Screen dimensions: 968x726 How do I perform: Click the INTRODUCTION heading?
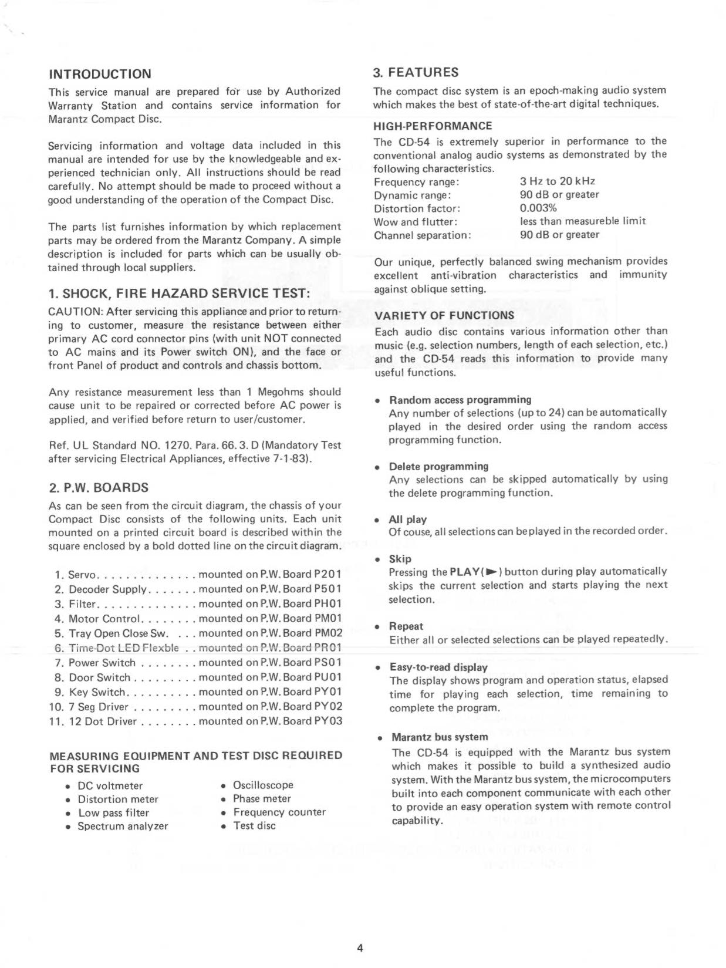coord(100,74)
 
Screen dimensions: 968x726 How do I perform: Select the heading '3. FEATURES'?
coord(416,73)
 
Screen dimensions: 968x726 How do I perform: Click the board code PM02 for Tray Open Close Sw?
coord(329,633)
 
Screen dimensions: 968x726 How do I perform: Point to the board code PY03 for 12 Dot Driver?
coord(329,721)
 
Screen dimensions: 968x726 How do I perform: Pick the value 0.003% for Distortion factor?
coord(538,208)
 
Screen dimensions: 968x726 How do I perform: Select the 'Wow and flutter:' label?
coord(416,222)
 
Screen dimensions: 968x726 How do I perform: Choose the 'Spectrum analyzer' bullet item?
coord(123,826)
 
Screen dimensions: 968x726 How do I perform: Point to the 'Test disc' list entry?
coord(254,825)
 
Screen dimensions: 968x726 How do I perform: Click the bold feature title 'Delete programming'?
coord(438,466)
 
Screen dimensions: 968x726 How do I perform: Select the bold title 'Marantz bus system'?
coord(440,737)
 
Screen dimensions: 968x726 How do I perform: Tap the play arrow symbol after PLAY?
coord(492,571)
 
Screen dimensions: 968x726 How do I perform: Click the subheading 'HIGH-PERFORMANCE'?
coord(433,126)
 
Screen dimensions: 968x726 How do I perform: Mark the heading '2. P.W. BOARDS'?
coord(98,487)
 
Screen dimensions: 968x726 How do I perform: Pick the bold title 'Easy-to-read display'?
coord(438,667)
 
